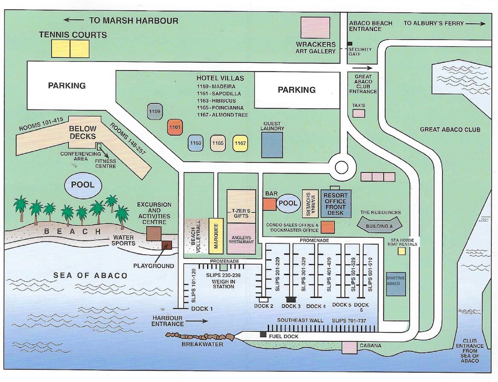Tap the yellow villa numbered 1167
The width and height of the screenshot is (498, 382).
pyautogui.click(x=240, y=143)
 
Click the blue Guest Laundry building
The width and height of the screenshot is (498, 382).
pyautogui.click(x=272, y=145)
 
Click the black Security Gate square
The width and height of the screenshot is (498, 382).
pyautogui.click(x=350, y=44)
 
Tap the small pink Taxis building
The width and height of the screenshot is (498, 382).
pyautogui.click(x=359, y=114)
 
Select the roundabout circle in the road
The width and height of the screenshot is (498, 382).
pyautogui.click(x=342, y=167)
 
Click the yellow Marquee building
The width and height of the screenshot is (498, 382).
pyautogui.click(x=215, y=237)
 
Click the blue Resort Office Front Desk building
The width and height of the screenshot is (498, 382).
pyautogui.click(x=335, y=203)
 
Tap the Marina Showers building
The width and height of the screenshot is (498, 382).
pyautogui.click(x=310, y=203)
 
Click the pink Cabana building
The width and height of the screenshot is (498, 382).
pyautogui.click(x=349, y=347)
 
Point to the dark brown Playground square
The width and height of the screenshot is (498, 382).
pyautogui.click(x=166, y=245)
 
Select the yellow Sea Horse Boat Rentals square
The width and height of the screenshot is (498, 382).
pyautogui.click(x=401, y=252)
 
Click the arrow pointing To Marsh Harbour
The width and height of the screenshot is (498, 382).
pyautogui.click(x=74, y=20)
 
